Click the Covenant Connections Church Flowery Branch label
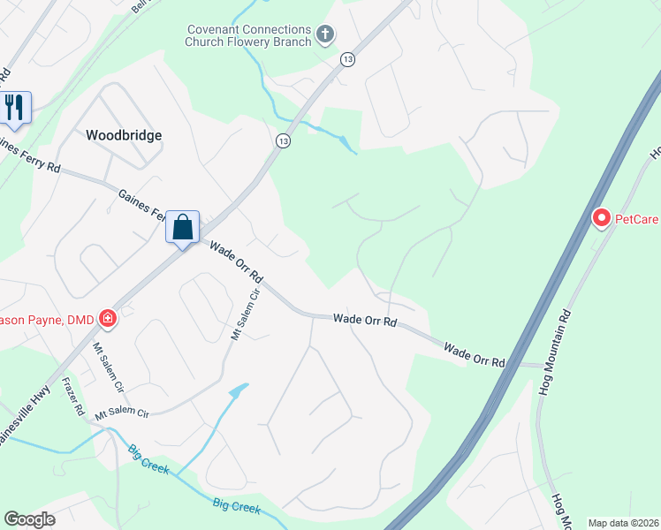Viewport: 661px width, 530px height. [249, 35]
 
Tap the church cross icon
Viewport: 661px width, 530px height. [325, 35]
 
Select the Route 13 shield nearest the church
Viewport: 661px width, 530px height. [347, 59]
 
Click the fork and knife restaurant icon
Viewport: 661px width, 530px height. [15, 107]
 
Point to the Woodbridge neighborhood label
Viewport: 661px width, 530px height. [124, 135]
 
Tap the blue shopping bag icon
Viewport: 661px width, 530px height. [183, 227]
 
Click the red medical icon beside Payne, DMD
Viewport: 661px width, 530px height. [108, 317]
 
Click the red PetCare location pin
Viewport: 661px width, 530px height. [602, 216]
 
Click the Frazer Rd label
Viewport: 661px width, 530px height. [72, 398]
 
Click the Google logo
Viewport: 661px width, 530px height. [29, 519]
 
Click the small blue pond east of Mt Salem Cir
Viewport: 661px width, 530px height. [239, 389]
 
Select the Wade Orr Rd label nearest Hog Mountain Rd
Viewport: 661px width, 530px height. [474, 356]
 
